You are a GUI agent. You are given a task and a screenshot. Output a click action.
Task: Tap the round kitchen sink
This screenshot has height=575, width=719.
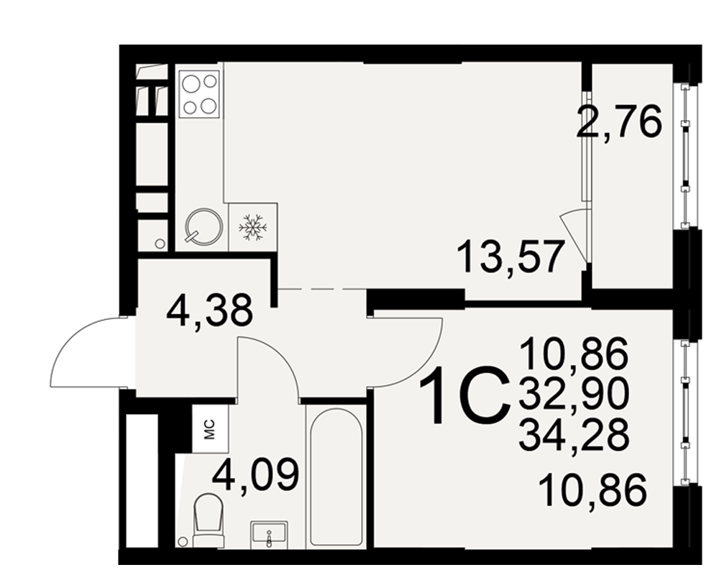click(x=203, y=226)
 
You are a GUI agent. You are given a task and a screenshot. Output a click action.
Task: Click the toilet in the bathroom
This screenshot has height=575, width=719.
click(x=209, y=520)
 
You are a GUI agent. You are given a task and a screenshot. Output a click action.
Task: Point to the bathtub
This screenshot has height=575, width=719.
click(x=336, y=477)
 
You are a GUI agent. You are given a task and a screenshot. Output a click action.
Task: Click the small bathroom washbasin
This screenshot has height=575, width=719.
click(x=269, y=535)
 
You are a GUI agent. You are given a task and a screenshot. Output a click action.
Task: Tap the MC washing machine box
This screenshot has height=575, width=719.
click(x=210, y=429)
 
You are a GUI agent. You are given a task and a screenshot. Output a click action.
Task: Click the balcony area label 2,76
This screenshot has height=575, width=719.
click(x=619, y=121)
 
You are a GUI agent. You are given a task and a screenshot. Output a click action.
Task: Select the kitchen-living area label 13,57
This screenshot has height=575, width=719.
click(x=510, y=257)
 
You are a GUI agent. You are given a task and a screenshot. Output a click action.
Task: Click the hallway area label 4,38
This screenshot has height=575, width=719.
click(x=209, y=310)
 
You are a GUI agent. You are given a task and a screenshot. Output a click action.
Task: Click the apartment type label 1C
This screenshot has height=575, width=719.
click(x=464, y=395)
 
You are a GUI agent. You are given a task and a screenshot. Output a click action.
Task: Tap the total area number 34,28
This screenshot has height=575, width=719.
click(x=574, y=435)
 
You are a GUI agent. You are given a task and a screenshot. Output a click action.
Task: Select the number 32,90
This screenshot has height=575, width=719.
click(x=573, y=395)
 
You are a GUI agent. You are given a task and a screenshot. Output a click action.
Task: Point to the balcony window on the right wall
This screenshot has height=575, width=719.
click(x=685, y=155)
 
